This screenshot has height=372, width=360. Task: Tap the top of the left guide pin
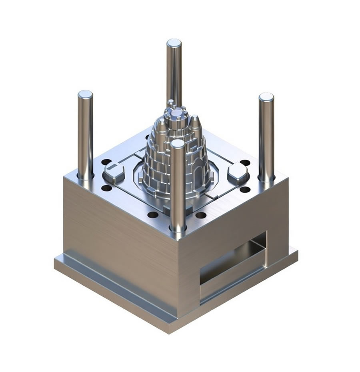pyautogui.click(x=85, y=95)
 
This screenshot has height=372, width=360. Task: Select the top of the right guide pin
pyautogui.click(x=266, y=97)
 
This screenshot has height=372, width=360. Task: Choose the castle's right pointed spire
pyautogui.click(x=194, y=121)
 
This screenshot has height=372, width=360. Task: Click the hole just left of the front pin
pyautogui.click(x=153, y=215)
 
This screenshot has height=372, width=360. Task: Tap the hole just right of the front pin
pyautogui.click(x=201, y=215)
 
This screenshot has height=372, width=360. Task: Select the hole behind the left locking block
pyautogui.click(x=106, y=162)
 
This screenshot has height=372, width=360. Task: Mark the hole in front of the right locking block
pyautogui.click(x=245, y=189)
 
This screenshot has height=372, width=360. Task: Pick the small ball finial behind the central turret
pyautogui.click(x=171, y=102)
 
